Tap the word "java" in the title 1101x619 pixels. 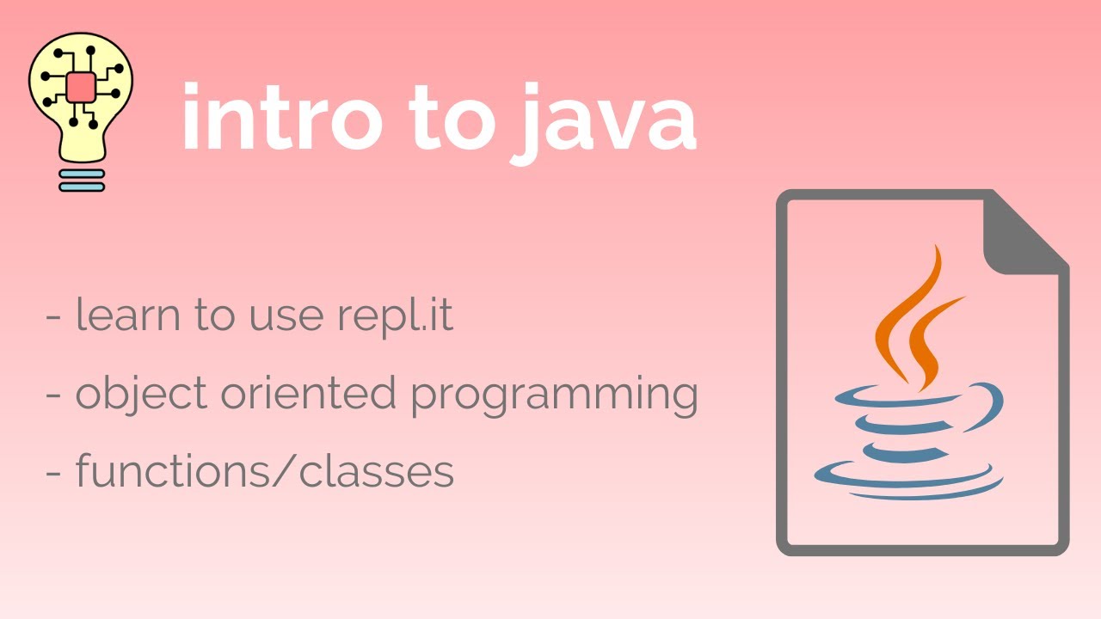[x=605, y=120]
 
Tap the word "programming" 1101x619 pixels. [x=553, y=396]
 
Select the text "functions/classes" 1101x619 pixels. [x=264, y=471]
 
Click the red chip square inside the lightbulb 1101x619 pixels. [x=81, y=86]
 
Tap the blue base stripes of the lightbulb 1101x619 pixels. [x=82, y=180]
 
